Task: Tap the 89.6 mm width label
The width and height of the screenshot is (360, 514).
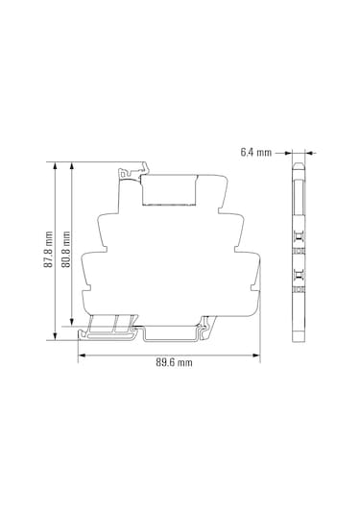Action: [x=173, y=363]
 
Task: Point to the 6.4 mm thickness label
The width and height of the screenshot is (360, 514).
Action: [x=256, y=152]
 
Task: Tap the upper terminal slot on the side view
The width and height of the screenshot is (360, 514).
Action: [x=299, y=240]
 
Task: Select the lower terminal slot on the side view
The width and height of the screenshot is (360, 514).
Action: [x=299, y=280]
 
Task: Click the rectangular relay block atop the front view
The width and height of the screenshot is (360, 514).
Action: [x=170, y=188]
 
